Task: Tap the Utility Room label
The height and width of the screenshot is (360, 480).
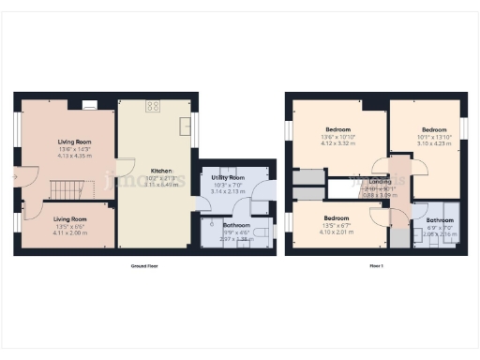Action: pos(229,177)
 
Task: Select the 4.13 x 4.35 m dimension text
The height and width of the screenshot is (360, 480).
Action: pos(64,155)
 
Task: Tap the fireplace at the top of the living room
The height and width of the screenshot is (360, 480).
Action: pos(89,104)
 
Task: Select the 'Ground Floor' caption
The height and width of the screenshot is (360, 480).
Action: pos(144,267)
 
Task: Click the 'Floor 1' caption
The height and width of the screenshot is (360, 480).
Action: pos(375,267)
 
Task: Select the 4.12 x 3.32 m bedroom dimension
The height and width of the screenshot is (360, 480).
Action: pos(337,143)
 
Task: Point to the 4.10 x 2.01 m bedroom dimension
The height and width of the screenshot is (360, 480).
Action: pos(335,232)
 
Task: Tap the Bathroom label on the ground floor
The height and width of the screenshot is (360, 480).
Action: pos(235,225)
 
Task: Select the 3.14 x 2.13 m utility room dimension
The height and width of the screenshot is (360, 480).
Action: pos(229,190)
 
